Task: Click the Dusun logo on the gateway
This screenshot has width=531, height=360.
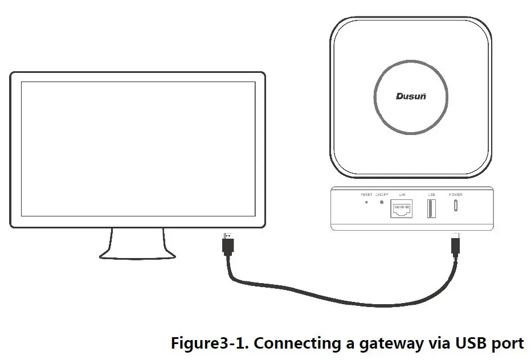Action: tap(411, 96)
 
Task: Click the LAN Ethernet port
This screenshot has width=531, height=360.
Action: tap(402, 209)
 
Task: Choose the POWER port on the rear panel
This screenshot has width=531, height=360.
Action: tap(455, 206)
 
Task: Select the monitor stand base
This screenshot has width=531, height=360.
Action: tap(136, 251)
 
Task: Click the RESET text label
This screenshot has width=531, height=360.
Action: tap(366, 195)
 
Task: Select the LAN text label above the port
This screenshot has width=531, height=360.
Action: tap(402, 195)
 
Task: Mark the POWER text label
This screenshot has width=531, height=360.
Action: tap(456, 195)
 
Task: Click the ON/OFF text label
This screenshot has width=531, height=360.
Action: tap(382, 195)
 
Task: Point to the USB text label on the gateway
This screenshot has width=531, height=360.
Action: tap(431, 195)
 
